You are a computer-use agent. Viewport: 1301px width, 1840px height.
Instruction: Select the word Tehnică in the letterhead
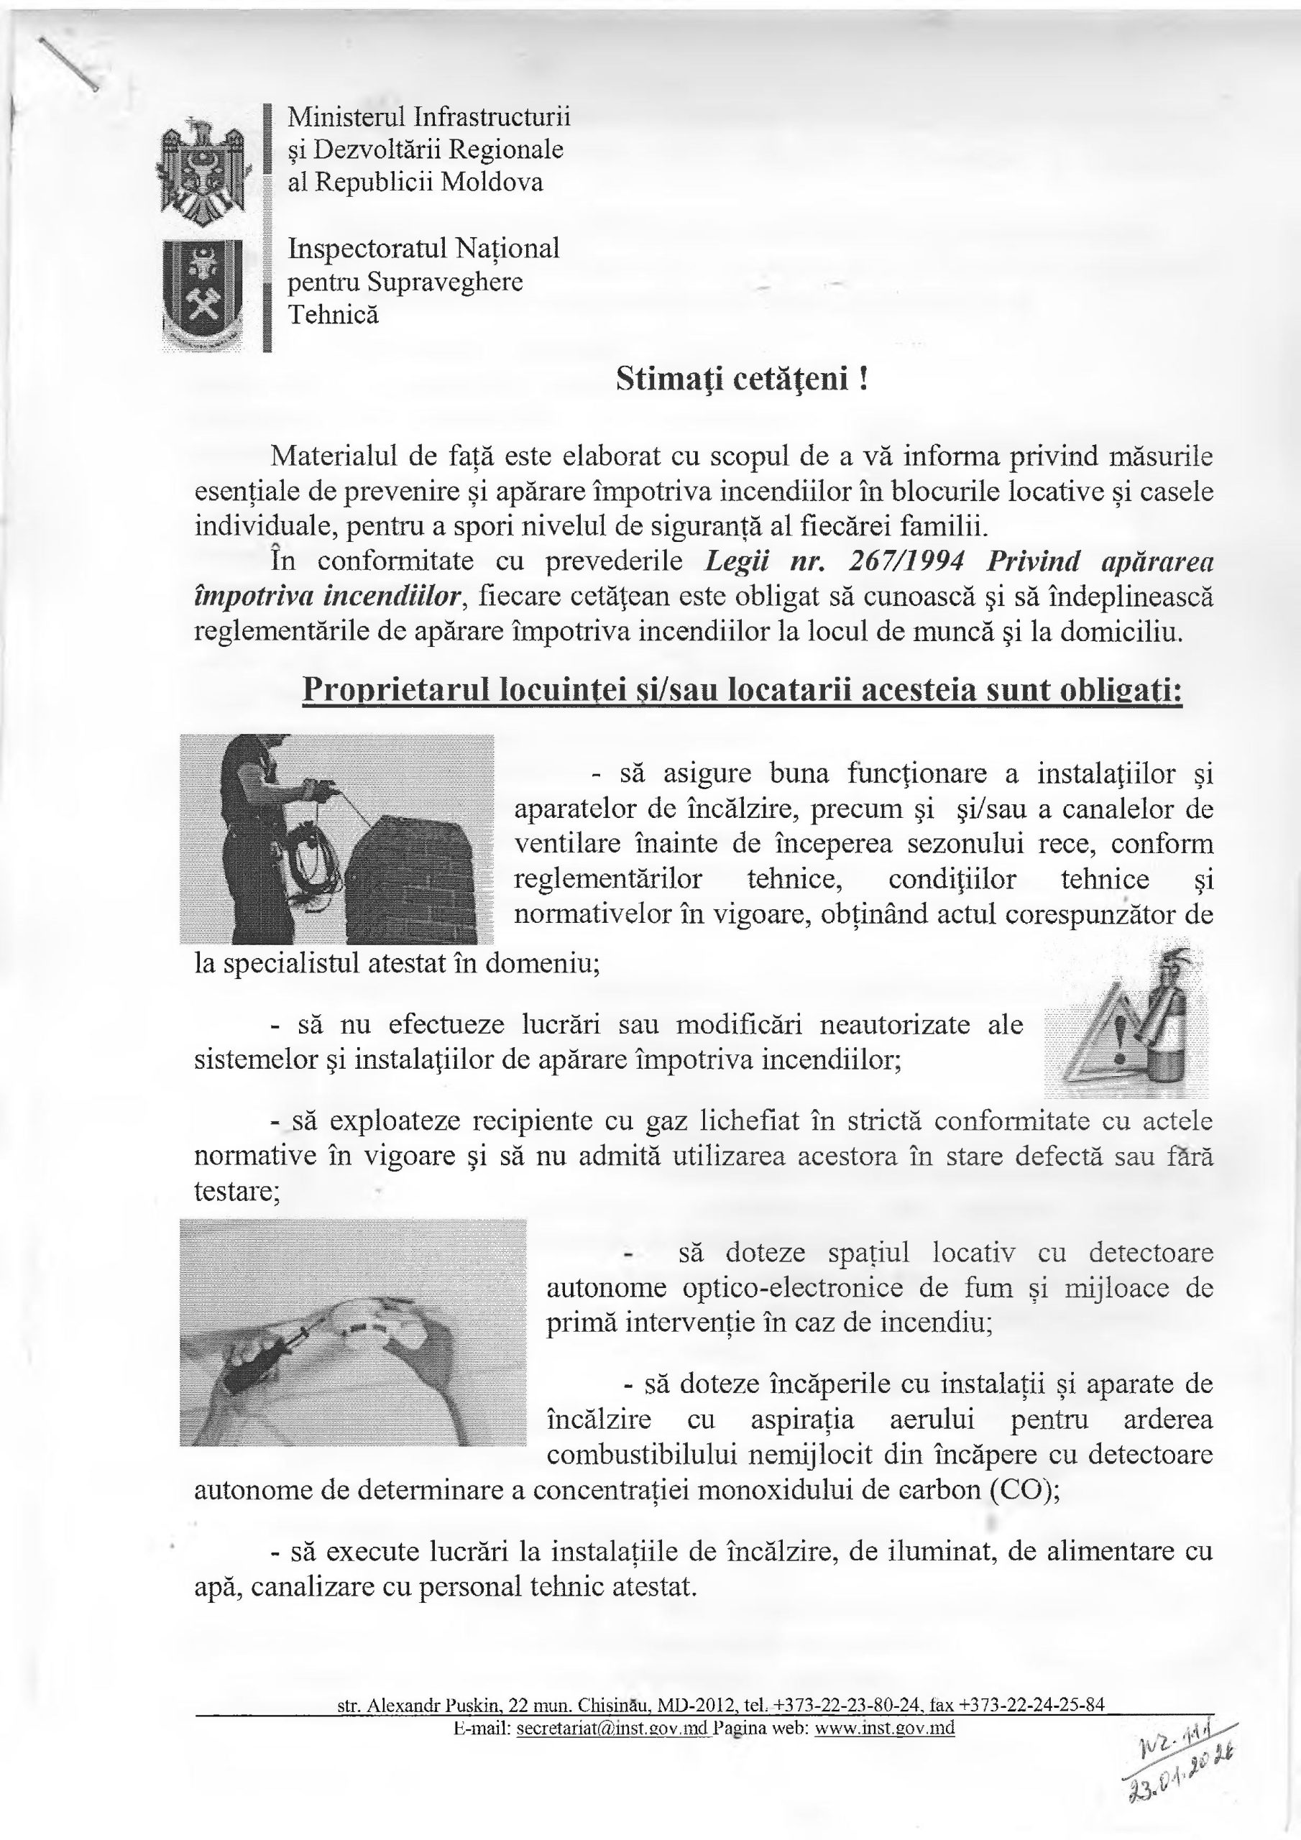point(333,315)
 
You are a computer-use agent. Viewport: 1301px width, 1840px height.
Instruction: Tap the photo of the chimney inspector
point(336,839)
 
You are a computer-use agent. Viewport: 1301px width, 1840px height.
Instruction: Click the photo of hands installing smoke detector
point(353,1333)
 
